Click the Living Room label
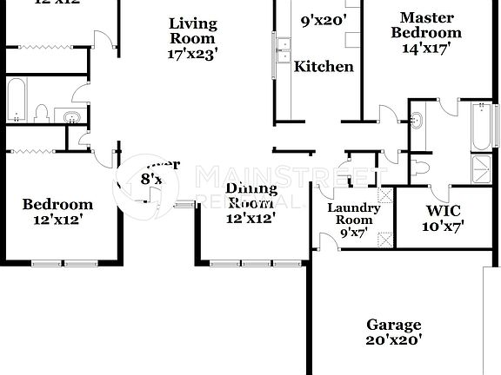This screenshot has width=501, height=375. point(192,30)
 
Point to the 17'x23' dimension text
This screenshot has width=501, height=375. point(192,53)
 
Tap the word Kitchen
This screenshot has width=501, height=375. point(324,66)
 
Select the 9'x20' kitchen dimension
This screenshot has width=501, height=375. point(324,19)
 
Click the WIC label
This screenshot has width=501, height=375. point(444,211)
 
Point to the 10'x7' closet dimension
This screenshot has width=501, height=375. point(444,227)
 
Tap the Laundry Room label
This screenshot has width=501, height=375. point(353,214)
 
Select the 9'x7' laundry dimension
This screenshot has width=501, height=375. point(353,233)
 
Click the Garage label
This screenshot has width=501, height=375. point(393,324)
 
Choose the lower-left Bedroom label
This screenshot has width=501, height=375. point(57,205)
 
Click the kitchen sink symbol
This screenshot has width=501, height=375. point(284,49)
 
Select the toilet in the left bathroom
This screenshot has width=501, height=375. point(41,112)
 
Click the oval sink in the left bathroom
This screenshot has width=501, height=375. point(68,115)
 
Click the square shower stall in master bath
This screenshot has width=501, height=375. point(480,168)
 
